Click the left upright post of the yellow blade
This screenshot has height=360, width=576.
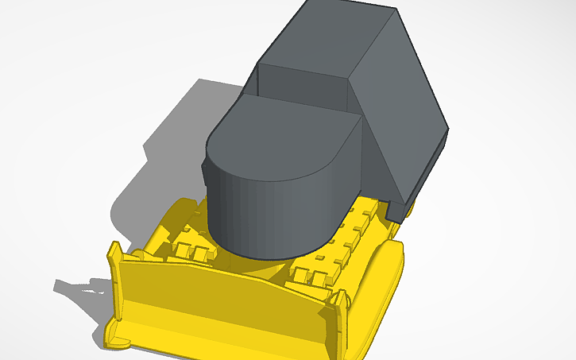pyautogui.click(x=115, y=262)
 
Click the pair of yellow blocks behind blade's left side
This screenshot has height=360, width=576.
pyautogui.click(x=191, y=251)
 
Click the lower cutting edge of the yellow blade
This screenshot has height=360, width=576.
pyautogui.click(x=222, y=338)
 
